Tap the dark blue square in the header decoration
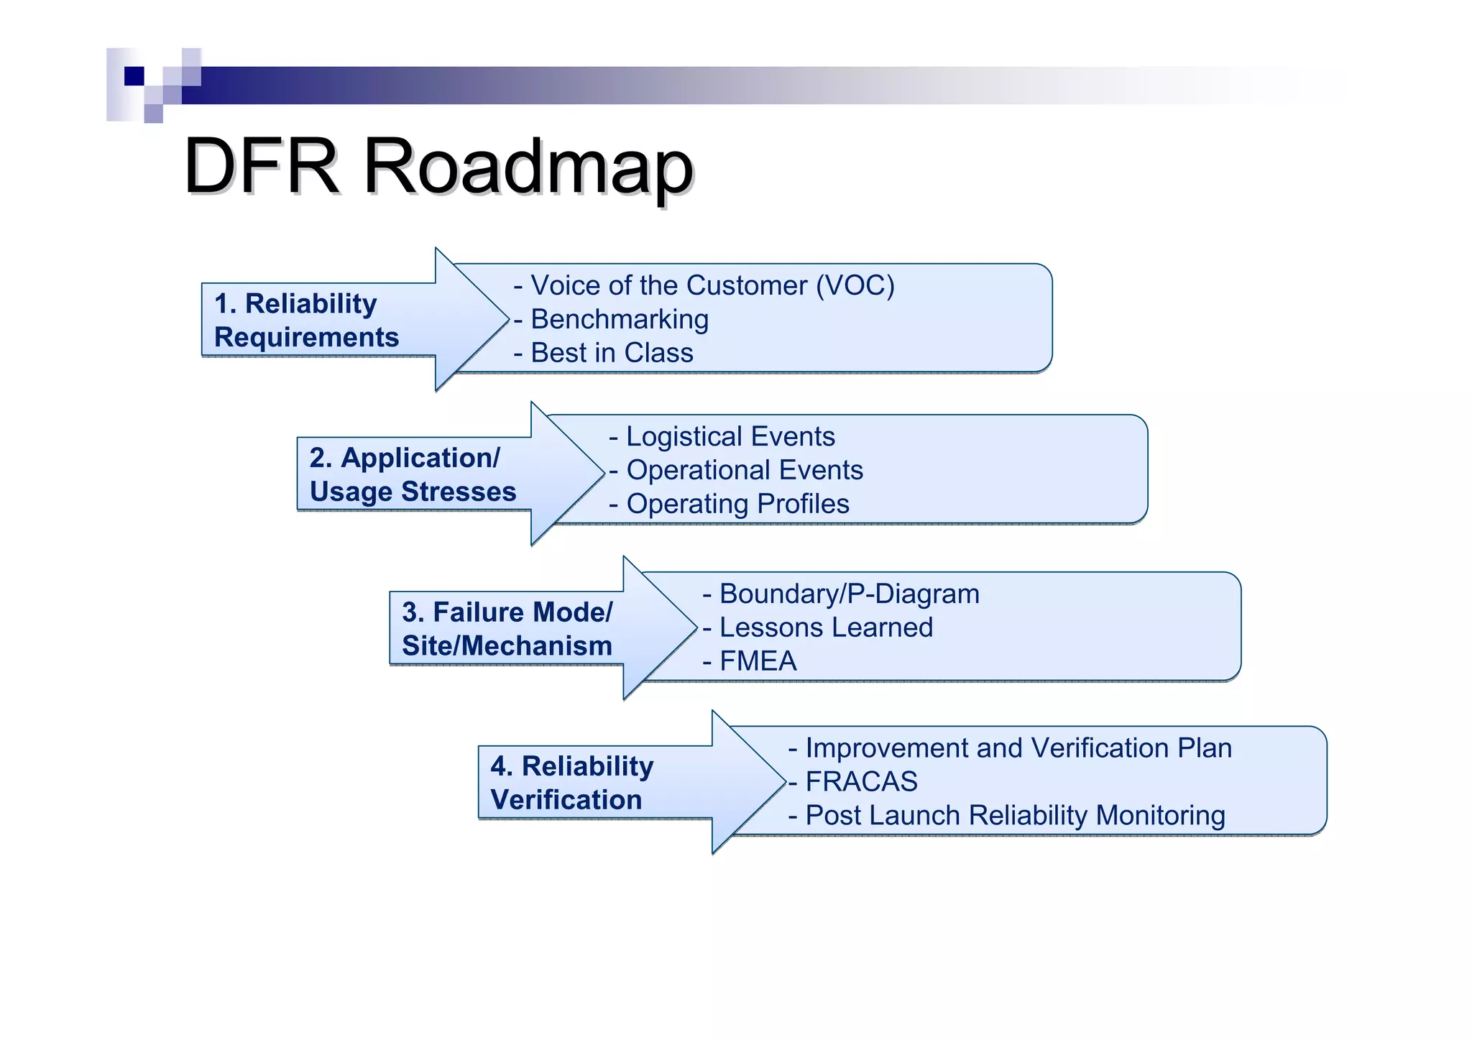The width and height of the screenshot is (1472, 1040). (134, 76)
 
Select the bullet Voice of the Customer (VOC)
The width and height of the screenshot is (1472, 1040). (704, 286)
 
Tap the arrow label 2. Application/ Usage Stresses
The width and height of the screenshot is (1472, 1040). (413, 475)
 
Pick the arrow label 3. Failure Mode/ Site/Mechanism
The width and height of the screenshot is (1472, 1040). (507, 629)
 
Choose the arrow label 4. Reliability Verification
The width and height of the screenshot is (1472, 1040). (572, 783)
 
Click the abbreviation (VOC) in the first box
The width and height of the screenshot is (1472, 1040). (855, 286)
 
